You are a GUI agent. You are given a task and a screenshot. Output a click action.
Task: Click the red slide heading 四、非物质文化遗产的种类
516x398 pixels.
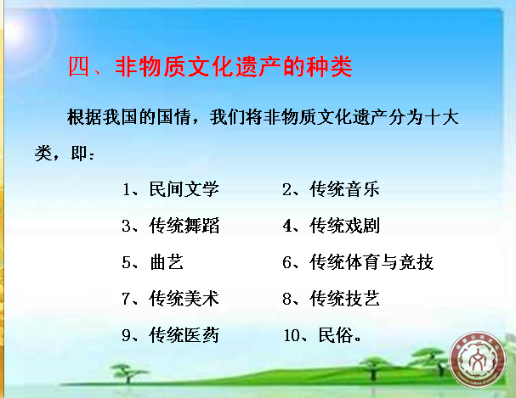[x=210, y=67]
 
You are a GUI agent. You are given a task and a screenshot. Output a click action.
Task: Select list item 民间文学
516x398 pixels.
[x=184, y=189]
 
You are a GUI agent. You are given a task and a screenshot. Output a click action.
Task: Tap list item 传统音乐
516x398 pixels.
[x=344, y=189]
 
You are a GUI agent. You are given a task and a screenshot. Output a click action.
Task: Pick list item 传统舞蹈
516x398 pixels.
[x=184, y=226]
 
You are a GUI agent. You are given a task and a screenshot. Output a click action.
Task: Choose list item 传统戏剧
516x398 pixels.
[x=344, y=226]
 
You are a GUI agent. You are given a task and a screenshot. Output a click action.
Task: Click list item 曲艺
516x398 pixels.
[x=167, y=262]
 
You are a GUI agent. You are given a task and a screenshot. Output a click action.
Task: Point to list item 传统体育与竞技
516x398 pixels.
[x=371, y=262]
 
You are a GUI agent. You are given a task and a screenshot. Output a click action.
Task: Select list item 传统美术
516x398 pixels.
[x=184, y=299]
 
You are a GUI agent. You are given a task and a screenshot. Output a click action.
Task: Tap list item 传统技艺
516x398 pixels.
[x=344, y=299]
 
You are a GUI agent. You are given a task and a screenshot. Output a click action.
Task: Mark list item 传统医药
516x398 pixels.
[x=184, y=335]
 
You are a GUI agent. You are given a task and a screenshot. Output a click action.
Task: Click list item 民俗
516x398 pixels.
[x=335, y=335]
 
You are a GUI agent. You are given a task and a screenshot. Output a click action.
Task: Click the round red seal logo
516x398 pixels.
[x=478, y=360]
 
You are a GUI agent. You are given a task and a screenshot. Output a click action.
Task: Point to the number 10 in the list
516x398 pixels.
[x=292, y=335]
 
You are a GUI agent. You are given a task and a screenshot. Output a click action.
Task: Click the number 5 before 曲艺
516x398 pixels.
[x=127, y=263]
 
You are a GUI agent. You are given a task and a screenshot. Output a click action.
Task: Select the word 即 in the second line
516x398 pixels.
[x=79, y=154]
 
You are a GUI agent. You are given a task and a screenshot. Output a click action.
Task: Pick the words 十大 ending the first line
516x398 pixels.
[x=441, y=117]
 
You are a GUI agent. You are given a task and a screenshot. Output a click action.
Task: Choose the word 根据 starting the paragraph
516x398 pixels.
[x=84, y=117]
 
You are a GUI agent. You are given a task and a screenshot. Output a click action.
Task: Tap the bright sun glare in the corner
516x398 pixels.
[x=18, y=31]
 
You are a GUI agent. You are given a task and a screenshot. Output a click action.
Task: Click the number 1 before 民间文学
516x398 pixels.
[x=127, y=190]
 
